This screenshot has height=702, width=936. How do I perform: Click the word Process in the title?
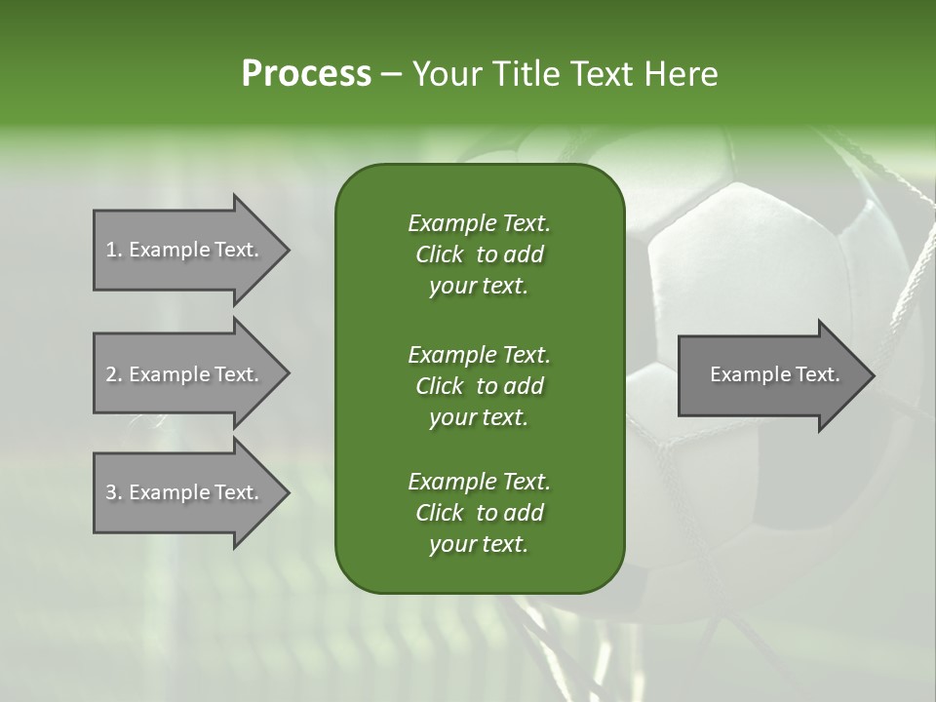pyautogui.click(x=306, y=74)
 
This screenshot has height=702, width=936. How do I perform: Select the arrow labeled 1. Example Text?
pyautogui.click(x=185, y=250)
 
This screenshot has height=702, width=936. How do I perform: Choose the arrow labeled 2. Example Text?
pyautogui.click(x=185, y=374)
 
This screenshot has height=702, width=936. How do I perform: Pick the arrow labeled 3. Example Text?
pyautogui.click(x=185, y=492)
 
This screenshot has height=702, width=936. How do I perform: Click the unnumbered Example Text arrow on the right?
pyautogui.click(x=770, y=374)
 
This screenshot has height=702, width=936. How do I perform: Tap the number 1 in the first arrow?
pyautogui.click(x=111, y=250)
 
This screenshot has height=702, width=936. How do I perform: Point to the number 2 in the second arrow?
pyautogui.click(x=111, y=374)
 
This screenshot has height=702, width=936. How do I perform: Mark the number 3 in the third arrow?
pyautogui.click(x=111, y=492)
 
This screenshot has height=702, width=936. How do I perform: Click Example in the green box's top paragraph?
pyautogui.click(x=451, y=223)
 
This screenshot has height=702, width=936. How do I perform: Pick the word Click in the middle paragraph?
pyautogui.click(x=439, y=386)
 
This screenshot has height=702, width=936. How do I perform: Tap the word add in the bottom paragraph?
pyautogui.click(x=525, y=513)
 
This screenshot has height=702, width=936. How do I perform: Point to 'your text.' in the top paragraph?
pyautogui.click(x=478, y=287)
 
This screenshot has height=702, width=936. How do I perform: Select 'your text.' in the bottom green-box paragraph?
pyautogui.click(x=478, y=545)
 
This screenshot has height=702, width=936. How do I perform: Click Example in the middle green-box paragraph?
pyautogui.click(x=451, y=354)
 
